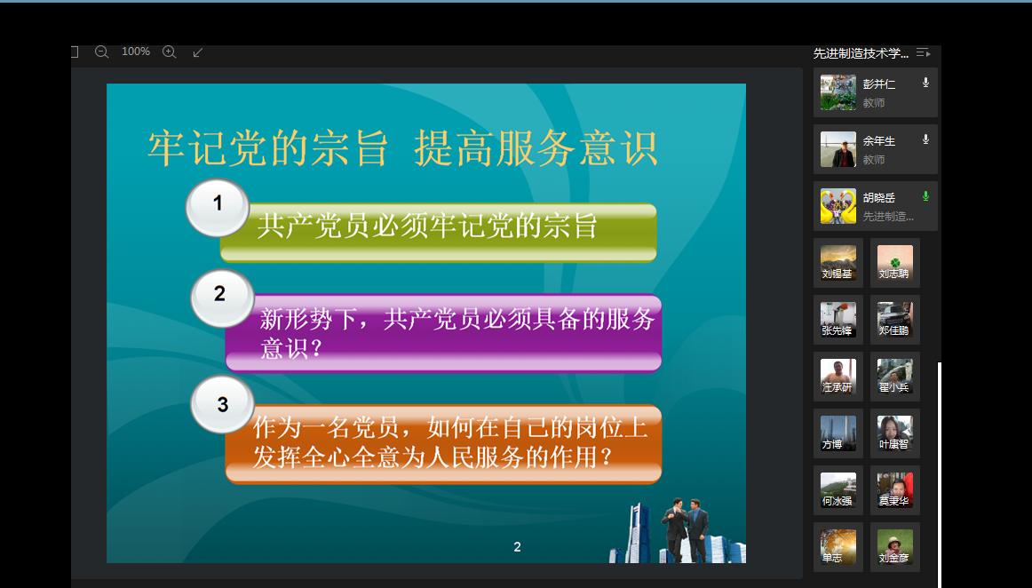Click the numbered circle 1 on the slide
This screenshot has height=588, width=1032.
coord(218,208)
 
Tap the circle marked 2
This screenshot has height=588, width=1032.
coord(222,298)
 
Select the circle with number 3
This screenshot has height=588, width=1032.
coord(222,404)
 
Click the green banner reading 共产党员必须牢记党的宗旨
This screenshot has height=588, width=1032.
coord(439,233)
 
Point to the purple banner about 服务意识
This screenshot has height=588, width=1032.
coord(443,333)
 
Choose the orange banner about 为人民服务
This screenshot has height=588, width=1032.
coord(443,444)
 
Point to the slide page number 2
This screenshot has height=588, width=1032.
coord(517,546)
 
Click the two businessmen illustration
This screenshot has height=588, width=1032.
coord(685,528)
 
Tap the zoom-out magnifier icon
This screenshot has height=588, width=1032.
coord(101,52)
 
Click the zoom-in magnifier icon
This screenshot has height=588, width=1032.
coord(169,52)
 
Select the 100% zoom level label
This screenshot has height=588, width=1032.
coord(136,52)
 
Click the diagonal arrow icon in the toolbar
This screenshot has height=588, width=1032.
coord(197,52)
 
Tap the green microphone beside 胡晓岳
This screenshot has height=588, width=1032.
coord(925,196)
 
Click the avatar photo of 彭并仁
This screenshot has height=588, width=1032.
coord(838,92)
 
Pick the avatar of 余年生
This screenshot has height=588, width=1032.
coord(838,149)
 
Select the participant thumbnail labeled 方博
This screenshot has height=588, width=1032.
coord(838,433)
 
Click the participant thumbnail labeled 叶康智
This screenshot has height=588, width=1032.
coord(894,433)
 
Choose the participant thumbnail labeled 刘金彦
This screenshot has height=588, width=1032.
coord(894,547)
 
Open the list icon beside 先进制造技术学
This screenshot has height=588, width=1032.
coord(924,52)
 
